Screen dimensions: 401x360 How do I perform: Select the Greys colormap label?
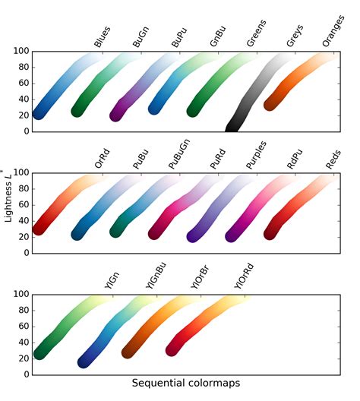click(292, 38)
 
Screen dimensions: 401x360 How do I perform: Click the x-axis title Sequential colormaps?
click(186, 384)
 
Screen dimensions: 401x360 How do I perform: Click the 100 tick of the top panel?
click(21, 52)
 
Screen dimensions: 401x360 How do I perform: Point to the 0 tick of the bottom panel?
click(26, 374)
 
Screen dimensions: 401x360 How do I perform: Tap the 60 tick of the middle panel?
click(23, 204)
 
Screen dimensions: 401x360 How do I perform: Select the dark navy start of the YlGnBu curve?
click(85, 362)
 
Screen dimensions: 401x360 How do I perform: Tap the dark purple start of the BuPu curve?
click(117, 115)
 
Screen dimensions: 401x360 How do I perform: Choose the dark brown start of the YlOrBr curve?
click(129, 352)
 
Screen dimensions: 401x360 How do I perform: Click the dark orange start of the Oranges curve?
click(271, 104)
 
